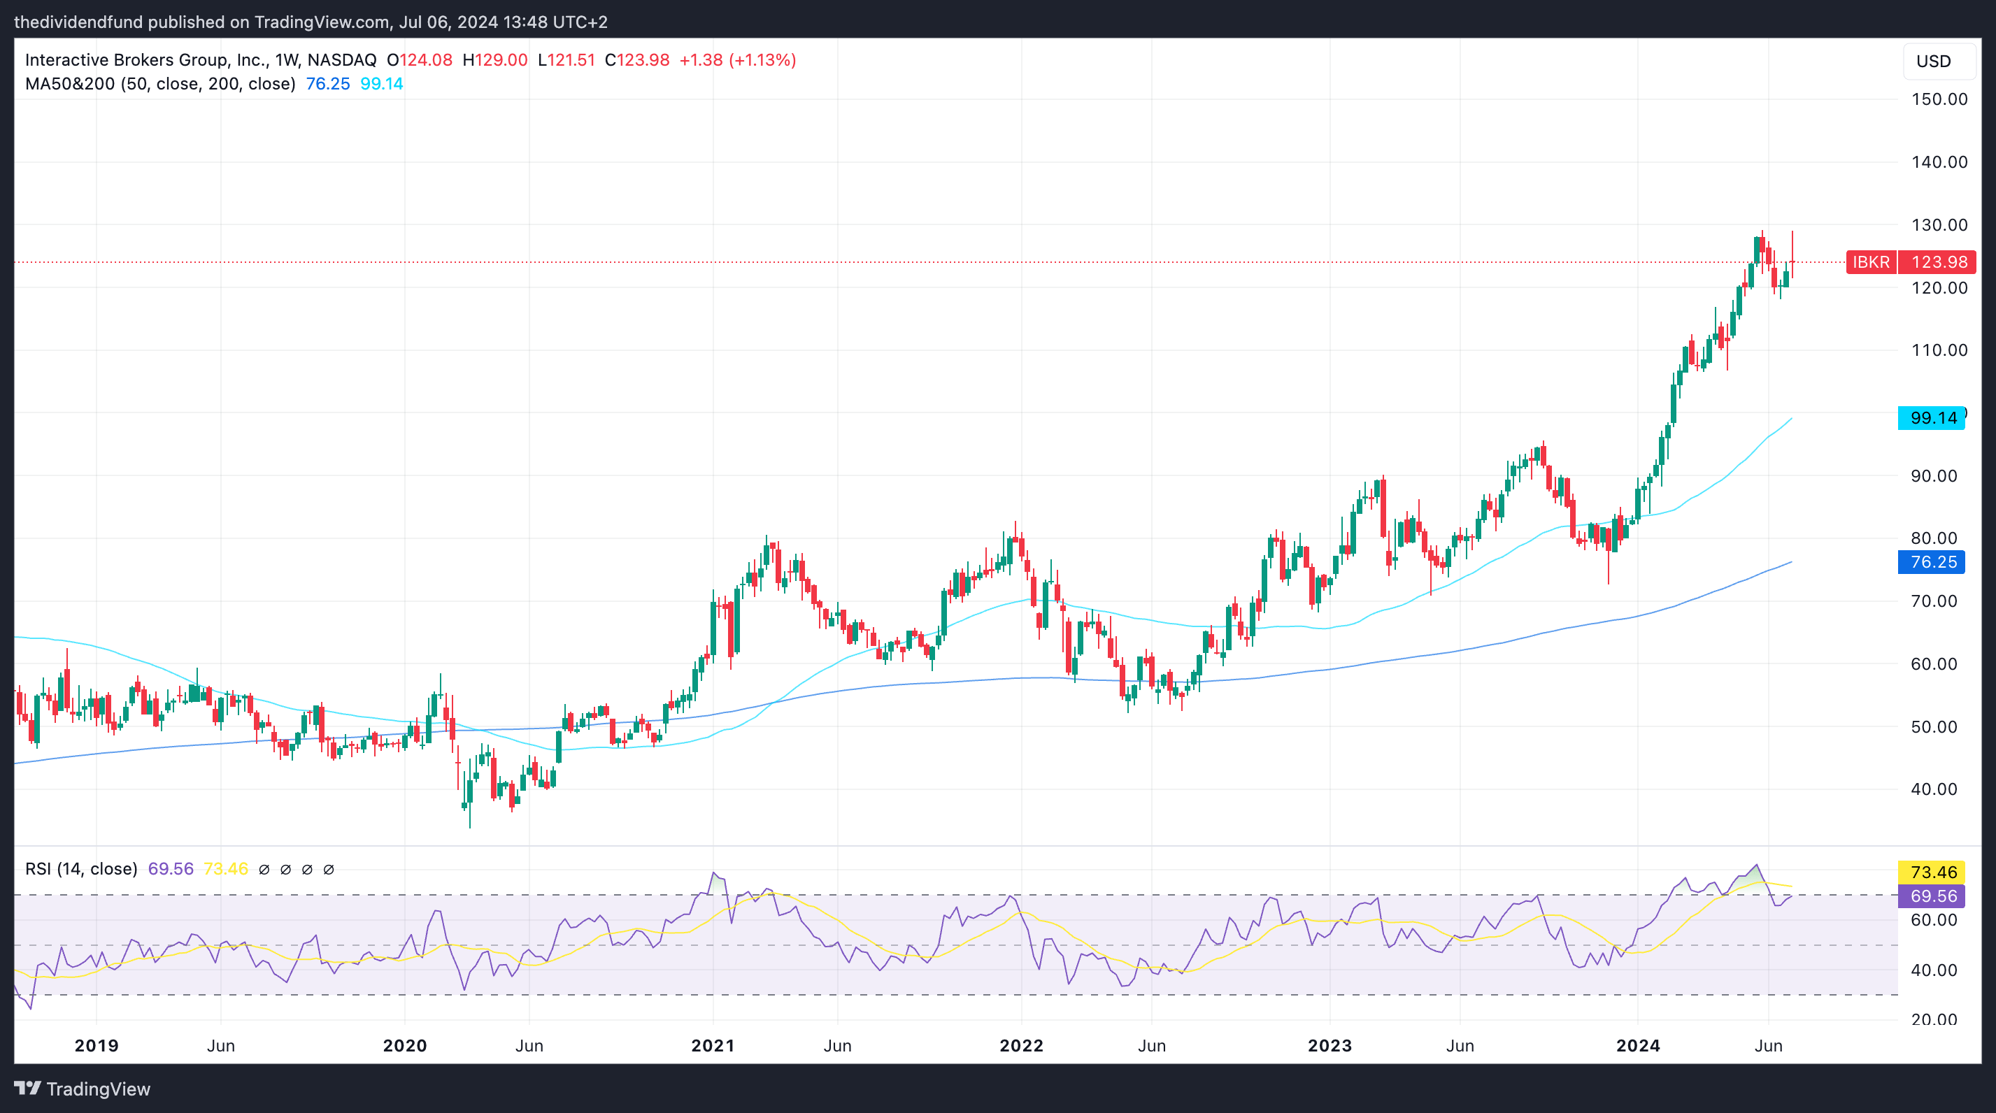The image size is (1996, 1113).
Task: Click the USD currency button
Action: tap(1933, 62)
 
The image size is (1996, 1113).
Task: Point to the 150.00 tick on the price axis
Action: tap(1939, 99)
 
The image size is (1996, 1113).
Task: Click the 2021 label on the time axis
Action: tap(712, 1046)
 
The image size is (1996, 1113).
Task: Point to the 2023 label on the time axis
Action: tap(1330, 1046)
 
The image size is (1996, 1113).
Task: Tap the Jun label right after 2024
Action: tap(1768, 1046)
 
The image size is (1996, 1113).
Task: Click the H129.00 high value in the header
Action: tap(494, 60)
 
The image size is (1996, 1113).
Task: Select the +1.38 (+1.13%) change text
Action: tap(737, 60)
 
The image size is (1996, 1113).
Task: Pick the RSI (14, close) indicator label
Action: tap(80, 869)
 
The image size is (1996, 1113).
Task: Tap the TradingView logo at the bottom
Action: tap(82, 1089)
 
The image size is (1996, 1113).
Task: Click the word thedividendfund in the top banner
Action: tap(78, 22)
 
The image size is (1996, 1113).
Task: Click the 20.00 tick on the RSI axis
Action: tap(1933, 1019)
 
